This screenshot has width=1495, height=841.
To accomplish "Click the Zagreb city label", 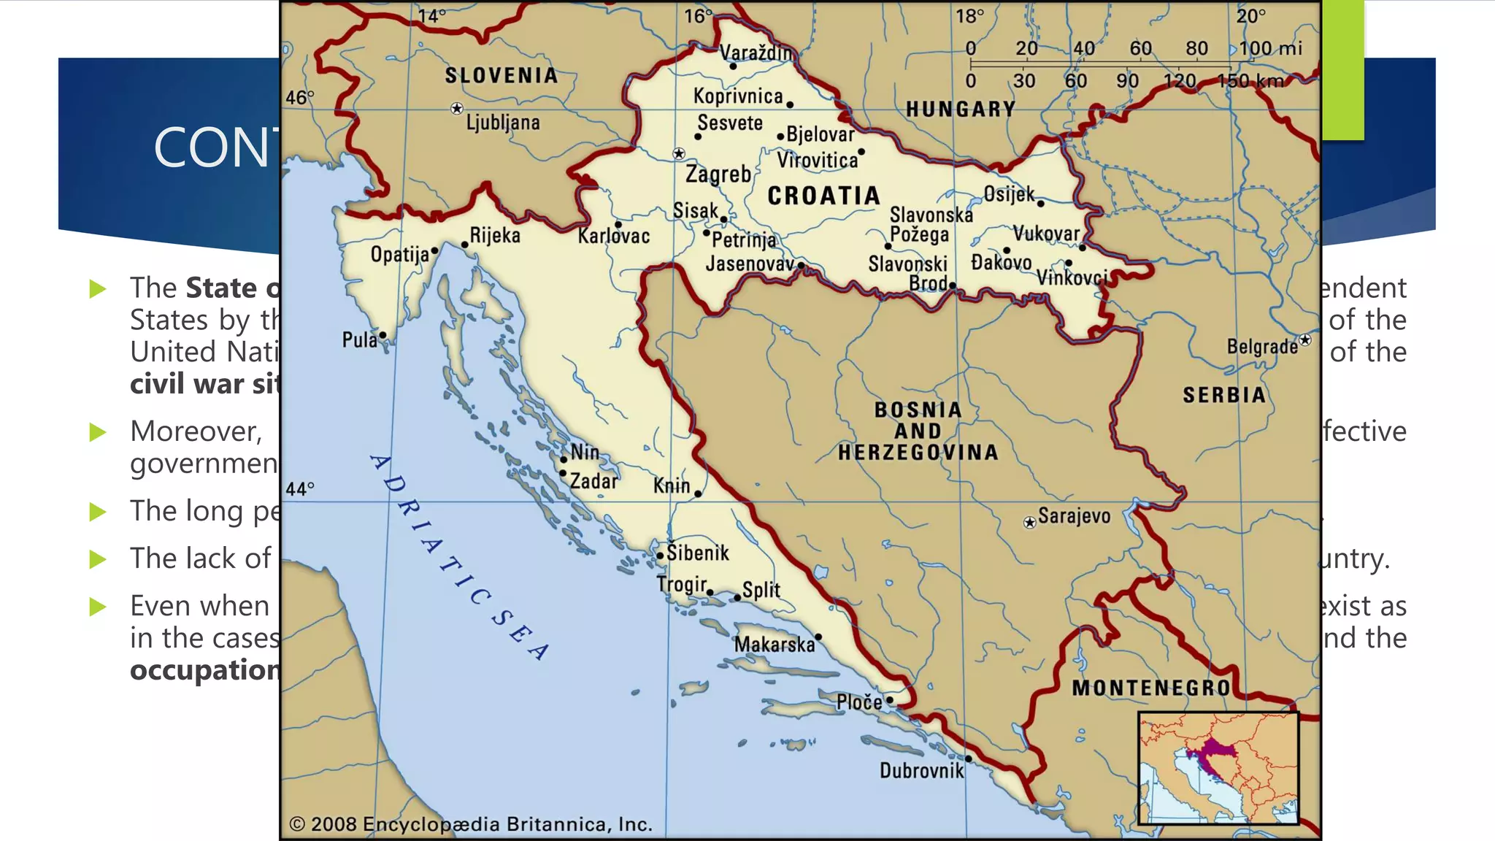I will [718, 174].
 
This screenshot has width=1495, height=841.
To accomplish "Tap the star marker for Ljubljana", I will [457, 109].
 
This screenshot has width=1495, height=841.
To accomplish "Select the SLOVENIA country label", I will [501, 76].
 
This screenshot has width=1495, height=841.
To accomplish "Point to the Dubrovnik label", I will [921, 771].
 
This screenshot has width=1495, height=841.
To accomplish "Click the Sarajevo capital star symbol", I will [1029, 523].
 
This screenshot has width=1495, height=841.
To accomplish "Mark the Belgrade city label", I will [1261, 346].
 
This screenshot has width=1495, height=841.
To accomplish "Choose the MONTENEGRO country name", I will [1151, 688].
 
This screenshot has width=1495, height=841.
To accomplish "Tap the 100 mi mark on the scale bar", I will [1270, 49].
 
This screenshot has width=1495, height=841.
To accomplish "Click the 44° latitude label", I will [300, 488].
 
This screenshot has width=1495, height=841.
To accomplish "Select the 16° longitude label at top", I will [698, 16].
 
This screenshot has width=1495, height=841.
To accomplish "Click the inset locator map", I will [1218, 768].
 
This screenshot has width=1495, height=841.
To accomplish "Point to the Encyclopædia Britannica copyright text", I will [471, 824].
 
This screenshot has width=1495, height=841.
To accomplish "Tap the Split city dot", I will [737, 598].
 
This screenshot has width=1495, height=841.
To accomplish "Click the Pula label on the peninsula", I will [359, 340].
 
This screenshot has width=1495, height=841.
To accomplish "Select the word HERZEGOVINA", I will [918, 453].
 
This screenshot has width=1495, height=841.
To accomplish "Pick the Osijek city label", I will [1008, 194].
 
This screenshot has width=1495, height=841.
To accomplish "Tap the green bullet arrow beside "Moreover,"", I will [98, 432].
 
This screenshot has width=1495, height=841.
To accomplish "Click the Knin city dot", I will [698, 494].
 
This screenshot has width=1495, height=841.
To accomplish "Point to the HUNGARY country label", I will [960, 110].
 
